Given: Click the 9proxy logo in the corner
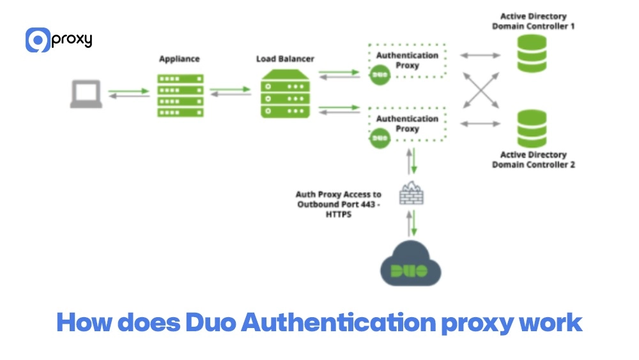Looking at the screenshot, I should (59, 40).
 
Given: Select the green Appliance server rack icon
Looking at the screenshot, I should (180, 95).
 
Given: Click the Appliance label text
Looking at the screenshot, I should (180, 59).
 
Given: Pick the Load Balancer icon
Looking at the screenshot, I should (285, 95).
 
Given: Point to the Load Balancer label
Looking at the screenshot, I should (285, 59).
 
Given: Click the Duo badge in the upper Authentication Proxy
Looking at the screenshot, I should (380, 74).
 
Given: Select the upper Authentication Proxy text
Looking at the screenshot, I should (407, 60).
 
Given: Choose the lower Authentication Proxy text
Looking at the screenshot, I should (407, 123).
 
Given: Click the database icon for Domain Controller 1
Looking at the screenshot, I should (532, 54).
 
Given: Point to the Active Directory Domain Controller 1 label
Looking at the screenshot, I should (533, 21).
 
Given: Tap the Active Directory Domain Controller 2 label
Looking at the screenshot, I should (533, 160).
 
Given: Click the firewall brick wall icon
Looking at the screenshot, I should (412, 194).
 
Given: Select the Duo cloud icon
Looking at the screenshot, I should (411, 265).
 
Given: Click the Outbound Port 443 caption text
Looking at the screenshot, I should (338, 205).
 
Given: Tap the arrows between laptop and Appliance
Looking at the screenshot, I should (128, 94).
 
